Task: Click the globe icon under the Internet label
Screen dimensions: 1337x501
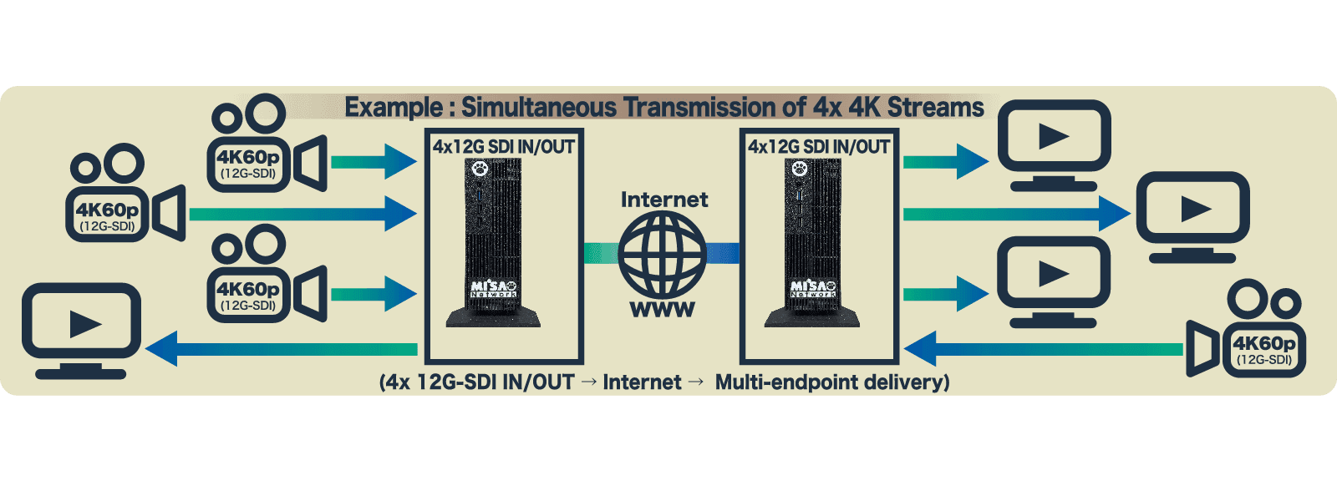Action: [x=663, y=254]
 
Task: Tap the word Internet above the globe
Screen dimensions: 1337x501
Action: [x=664, y=200]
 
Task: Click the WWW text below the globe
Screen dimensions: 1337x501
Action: [x=663, y=309]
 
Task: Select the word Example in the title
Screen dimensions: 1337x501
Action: [x=394, y=108]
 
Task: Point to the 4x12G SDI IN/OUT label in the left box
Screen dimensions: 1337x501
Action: [x=504, y=147]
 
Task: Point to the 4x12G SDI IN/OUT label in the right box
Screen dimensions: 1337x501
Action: [x=819, y=147]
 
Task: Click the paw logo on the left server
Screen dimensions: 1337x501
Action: [x=480, y=169]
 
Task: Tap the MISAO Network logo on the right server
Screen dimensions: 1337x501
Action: [x=813, y=289]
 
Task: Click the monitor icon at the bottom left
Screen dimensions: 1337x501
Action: [x=81, y=331]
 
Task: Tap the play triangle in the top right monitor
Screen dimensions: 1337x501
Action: [x=1054, y=136]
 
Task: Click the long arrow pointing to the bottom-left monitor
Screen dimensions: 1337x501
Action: [x=281, y=349]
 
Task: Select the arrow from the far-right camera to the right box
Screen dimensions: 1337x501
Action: [x=1044, y=349]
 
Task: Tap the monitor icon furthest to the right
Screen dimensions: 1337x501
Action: [x=1192, y=217]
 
